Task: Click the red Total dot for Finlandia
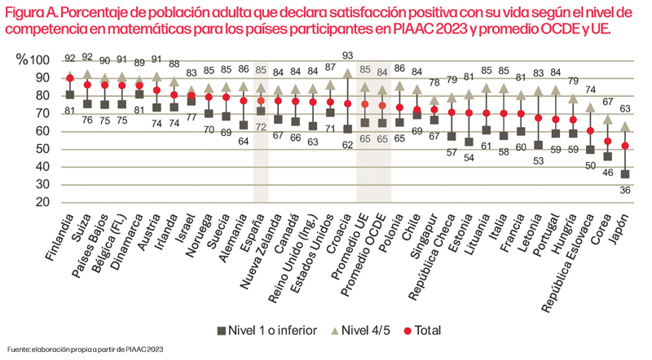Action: click(x=70, y=78)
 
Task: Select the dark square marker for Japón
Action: click(x=624, y=174)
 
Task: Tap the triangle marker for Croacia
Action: click(x=348, y=73)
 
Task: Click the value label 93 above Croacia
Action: click(x=348, y=55)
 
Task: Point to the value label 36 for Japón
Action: click(x=624, y=190)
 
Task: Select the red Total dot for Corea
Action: click(x=607, y=141)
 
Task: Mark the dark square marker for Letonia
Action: click(x=537, y=144)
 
